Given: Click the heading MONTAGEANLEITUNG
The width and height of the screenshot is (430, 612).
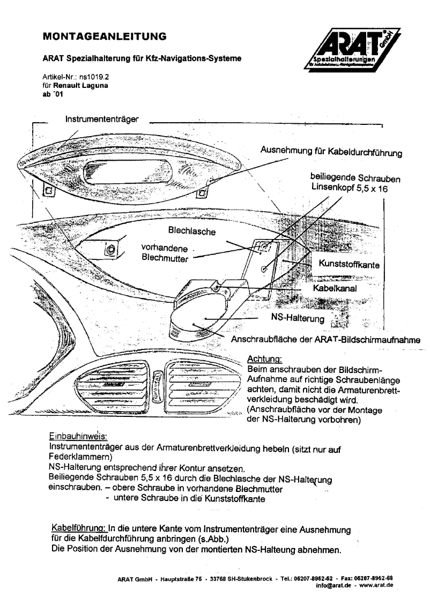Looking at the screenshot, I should click(x=104, y=36).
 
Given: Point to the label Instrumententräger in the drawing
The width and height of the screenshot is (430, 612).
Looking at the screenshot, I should click(x=101, y=118).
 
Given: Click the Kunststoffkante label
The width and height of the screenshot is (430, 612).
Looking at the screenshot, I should click(x=350, y=264).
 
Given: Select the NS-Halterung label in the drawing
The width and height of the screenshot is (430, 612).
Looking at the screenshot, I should click(x=298, y=319).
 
